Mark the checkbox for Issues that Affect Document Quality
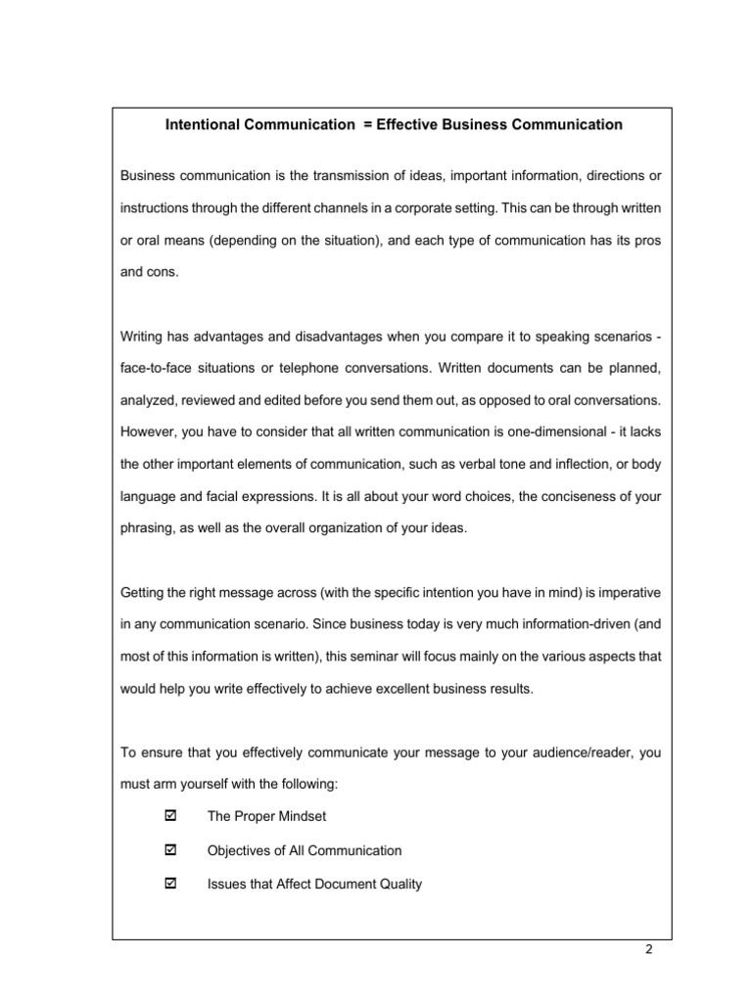pyautogui.click(x=172, y=884)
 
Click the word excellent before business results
pyautogui.click(x=387, y=688)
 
